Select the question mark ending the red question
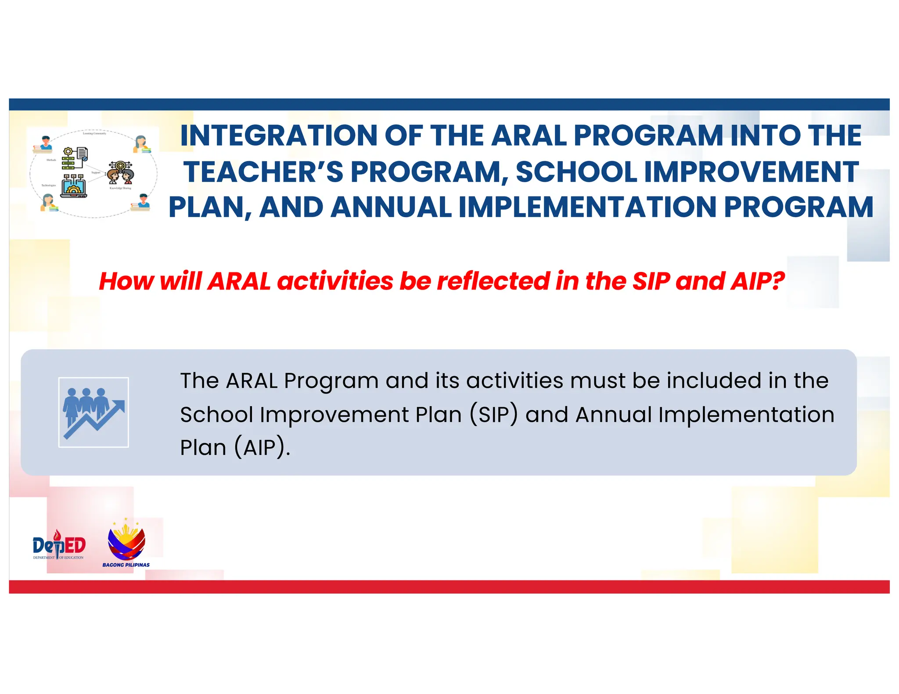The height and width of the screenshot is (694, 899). pos(777,281)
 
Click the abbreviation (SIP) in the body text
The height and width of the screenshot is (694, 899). pos(494,415)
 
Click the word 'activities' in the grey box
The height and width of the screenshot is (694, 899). pos(514,380)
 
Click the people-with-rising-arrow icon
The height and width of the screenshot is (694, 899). pos(93,412)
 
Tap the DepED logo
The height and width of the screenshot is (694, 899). pos(59,546)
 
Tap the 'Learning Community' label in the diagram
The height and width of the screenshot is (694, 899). pos(94,133)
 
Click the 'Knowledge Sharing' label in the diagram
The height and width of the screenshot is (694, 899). pos(120,188)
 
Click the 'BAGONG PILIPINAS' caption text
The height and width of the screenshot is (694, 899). pos(126,565)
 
